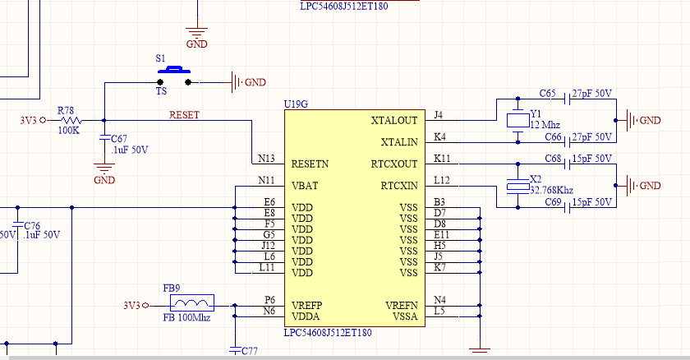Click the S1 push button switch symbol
point(174,76)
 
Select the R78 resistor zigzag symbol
point(71,120)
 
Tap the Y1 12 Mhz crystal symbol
point(518,120)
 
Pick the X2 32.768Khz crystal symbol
point(518,186)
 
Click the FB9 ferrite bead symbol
point(192,302)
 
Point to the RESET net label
point(184,115)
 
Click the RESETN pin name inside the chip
point(310,164)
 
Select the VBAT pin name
point(305,186)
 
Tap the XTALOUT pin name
point(393,121)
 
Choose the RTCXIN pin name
point(399,186)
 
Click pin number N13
point(266,159)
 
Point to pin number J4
point(439,115)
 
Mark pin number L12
point(442,180)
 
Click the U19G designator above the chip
point(296,104)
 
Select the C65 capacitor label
point(547,94)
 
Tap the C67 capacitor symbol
point(104,138)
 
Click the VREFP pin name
point(306,306)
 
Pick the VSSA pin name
point(405,316)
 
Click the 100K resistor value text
point(69,130)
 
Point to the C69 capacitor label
point(553,202)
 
